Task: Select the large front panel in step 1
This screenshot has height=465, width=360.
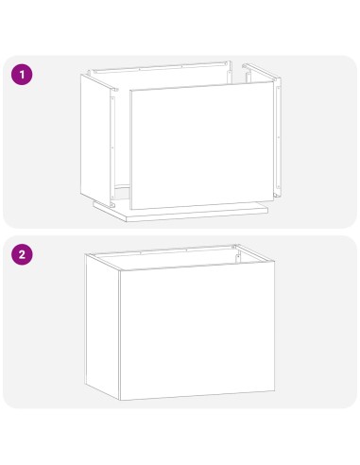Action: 200,146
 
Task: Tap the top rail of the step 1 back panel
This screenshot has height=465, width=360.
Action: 161,68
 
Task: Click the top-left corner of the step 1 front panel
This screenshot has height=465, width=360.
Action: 129,92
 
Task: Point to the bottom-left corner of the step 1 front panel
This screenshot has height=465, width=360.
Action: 131,209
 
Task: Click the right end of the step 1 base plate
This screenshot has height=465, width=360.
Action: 268,209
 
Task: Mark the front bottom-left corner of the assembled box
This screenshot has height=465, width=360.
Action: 120,400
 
